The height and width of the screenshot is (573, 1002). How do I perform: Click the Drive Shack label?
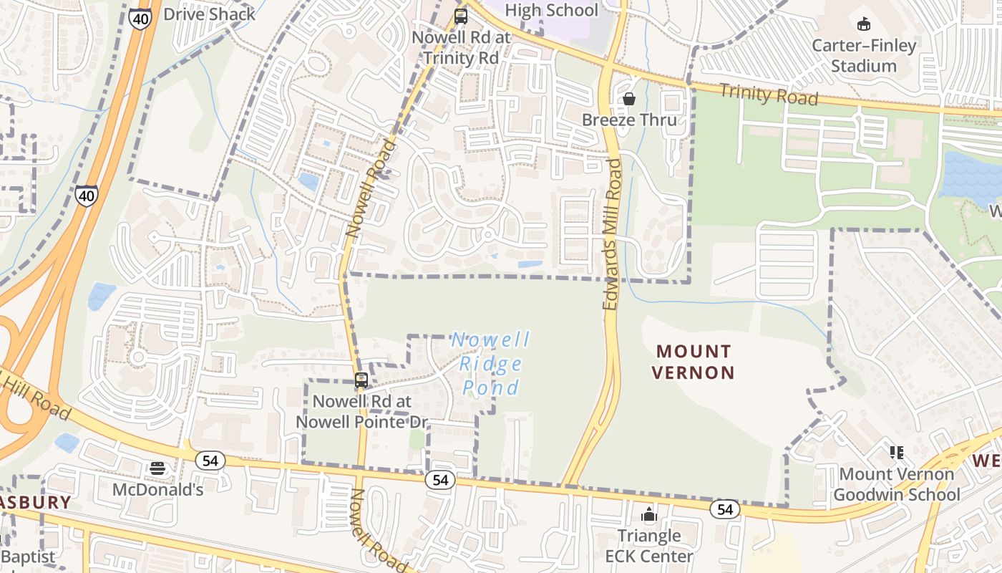209,14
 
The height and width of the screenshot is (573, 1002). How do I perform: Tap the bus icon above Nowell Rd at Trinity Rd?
461,16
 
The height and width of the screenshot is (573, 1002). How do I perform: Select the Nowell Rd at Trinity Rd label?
460,47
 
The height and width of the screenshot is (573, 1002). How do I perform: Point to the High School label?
551,11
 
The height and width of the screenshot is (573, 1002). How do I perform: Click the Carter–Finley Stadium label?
864,56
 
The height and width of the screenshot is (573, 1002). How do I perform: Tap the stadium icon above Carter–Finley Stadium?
864,24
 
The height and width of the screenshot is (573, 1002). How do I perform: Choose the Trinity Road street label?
769,95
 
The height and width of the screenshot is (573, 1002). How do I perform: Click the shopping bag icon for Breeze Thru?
629,99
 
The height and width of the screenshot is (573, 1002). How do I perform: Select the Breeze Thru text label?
629,120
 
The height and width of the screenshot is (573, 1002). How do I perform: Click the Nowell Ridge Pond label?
491,363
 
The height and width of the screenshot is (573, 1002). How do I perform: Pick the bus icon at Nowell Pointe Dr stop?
361,380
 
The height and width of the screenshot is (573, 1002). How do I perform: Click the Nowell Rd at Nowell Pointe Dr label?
361,412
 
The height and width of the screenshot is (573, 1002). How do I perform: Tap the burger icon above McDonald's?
157,468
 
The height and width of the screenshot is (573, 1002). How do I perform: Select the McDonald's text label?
157,490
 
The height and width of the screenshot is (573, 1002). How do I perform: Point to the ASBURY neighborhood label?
34,502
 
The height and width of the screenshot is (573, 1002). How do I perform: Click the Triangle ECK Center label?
649,546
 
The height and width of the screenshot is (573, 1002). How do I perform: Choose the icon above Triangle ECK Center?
649,514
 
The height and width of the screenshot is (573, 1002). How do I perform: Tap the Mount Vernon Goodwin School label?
897,484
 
